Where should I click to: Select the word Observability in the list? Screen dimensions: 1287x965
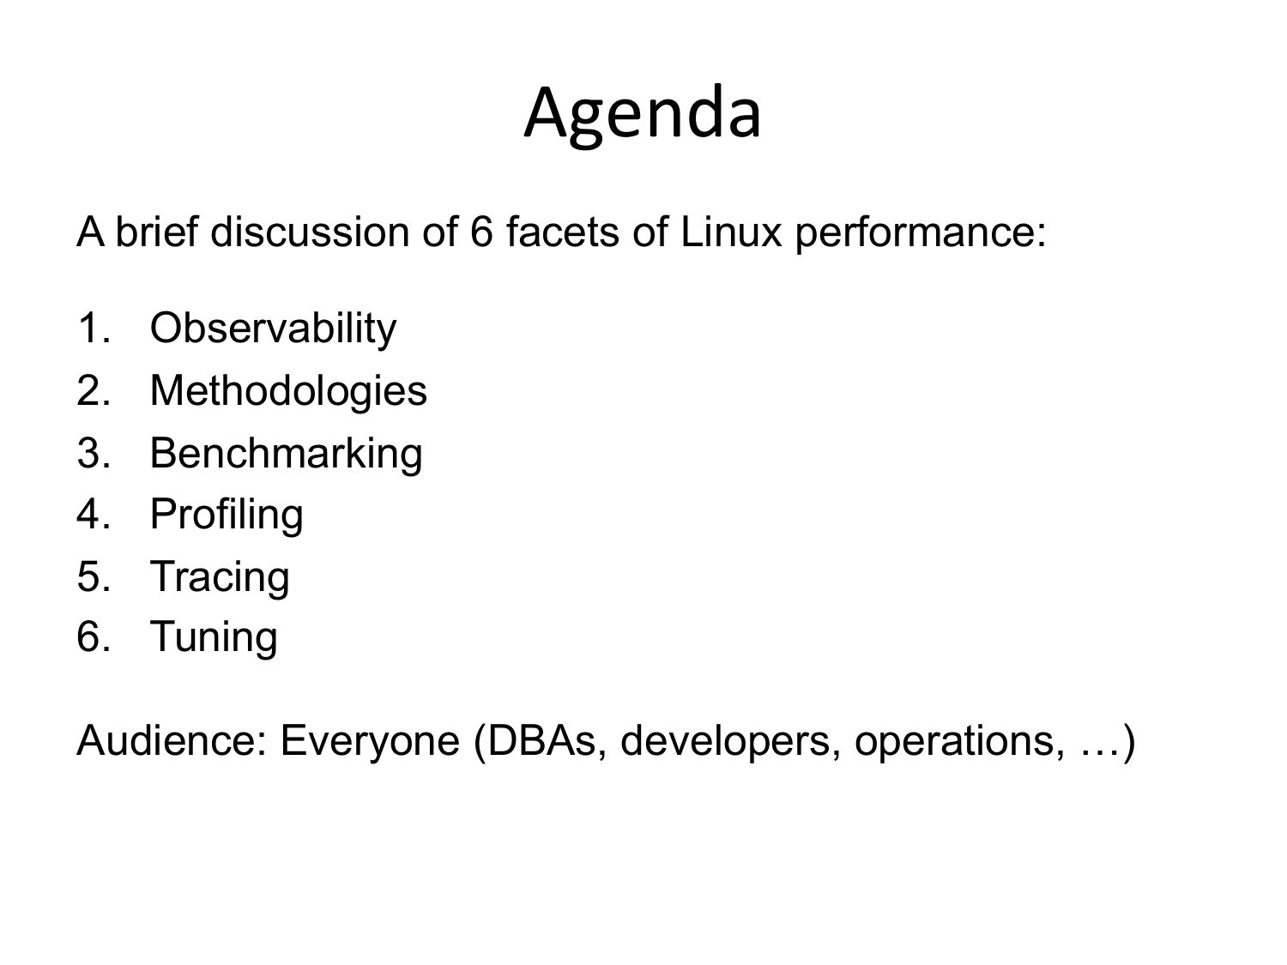[x=273, y=329]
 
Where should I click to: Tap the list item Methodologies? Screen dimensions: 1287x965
[x=288, y=392]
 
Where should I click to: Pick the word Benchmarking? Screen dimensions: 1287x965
[x=286, y=455]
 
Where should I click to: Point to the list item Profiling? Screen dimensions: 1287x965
[x=227, y=516]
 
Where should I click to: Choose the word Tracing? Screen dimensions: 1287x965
[x=220, y=578]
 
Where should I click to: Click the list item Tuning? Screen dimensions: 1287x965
[x=214, y=638]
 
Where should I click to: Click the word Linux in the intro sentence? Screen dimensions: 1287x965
[x=731, y=232]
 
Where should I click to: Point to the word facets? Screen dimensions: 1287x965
[x=562, y=232]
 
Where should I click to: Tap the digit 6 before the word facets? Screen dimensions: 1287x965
[x=481, y=232]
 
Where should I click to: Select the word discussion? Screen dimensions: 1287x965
[x=310, y=232]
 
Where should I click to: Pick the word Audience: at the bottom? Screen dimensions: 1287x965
[x=172, y=740]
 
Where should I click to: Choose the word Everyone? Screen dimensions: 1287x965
[x=370, y=744]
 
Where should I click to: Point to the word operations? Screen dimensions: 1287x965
[x=959, y=744]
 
